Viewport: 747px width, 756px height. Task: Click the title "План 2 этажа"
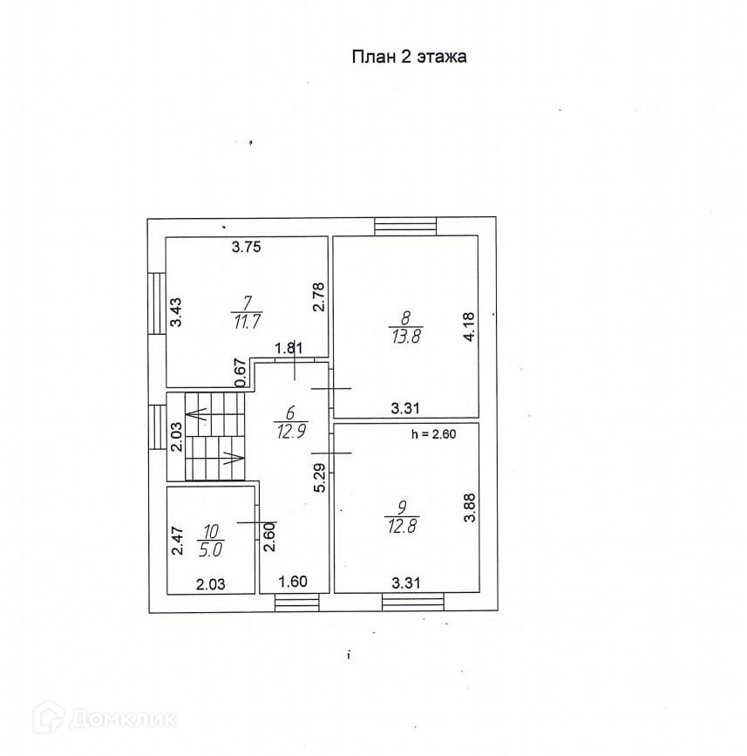pos(410,58)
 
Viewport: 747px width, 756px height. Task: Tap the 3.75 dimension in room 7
pos(247,247)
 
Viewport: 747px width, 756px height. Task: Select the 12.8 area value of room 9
pos(401,525)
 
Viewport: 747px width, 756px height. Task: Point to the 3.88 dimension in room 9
pos(469,507)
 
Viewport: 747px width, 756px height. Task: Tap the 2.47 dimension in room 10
pos(176,541)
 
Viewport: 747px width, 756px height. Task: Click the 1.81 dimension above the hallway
pos(289,349)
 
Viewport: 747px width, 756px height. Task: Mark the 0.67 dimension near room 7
pos(241,371)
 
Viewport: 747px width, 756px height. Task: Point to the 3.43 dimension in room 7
pos(175,312)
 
